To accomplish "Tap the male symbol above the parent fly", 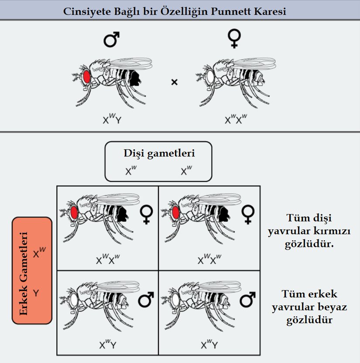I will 112,39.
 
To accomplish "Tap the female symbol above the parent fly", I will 235,39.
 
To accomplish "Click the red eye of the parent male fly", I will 86,77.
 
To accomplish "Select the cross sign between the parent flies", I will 174,82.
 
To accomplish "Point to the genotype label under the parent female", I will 236,119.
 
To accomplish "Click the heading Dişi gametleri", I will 159,153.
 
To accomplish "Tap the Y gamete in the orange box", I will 37,293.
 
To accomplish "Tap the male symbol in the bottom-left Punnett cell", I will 146,300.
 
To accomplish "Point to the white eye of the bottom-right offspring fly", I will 176,300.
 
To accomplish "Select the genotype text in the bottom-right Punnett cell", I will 209,345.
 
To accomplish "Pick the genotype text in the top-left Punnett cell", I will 108,260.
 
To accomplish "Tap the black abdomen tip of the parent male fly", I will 135,78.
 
